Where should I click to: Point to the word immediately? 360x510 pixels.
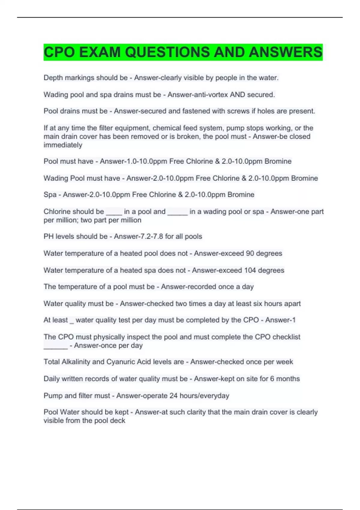[63, 145]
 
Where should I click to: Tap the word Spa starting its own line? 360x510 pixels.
[50, 195]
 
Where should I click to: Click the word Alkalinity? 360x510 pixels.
[76, 362]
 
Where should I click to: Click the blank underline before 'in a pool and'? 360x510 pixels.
[114, 214]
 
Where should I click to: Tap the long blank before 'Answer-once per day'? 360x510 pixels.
[56, 348]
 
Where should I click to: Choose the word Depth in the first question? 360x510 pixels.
[53, 78]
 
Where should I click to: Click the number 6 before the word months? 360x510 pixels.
[272, 379]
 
